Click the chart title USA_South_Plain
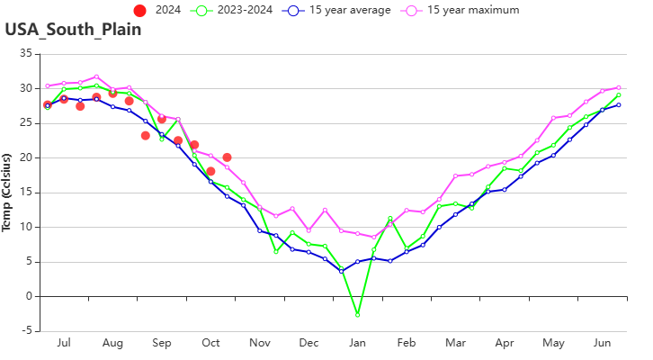[x=73, y=29]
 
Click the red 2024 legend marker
[x=139, y=10]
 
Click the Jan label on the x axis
[x=357, y=343]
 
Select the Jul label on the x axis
[x=63, y=343]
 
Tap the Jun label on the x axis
[x=602, y=343]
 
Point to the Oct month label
[x=210, y=343]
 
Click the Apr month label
[x=505, y=343]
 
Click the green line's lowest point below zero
[x=357, y=315]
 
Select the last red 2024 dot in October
[x=227, y=157]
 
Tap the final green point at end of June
[x=619, y=94]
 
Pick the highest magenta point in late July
[x=96, y=76]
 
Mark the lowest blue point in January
[x=341, y=268]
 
